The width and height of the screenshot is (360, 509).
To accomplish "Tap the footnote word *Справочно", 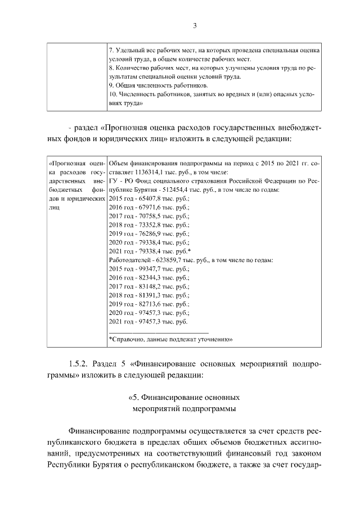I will (128, 340).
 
